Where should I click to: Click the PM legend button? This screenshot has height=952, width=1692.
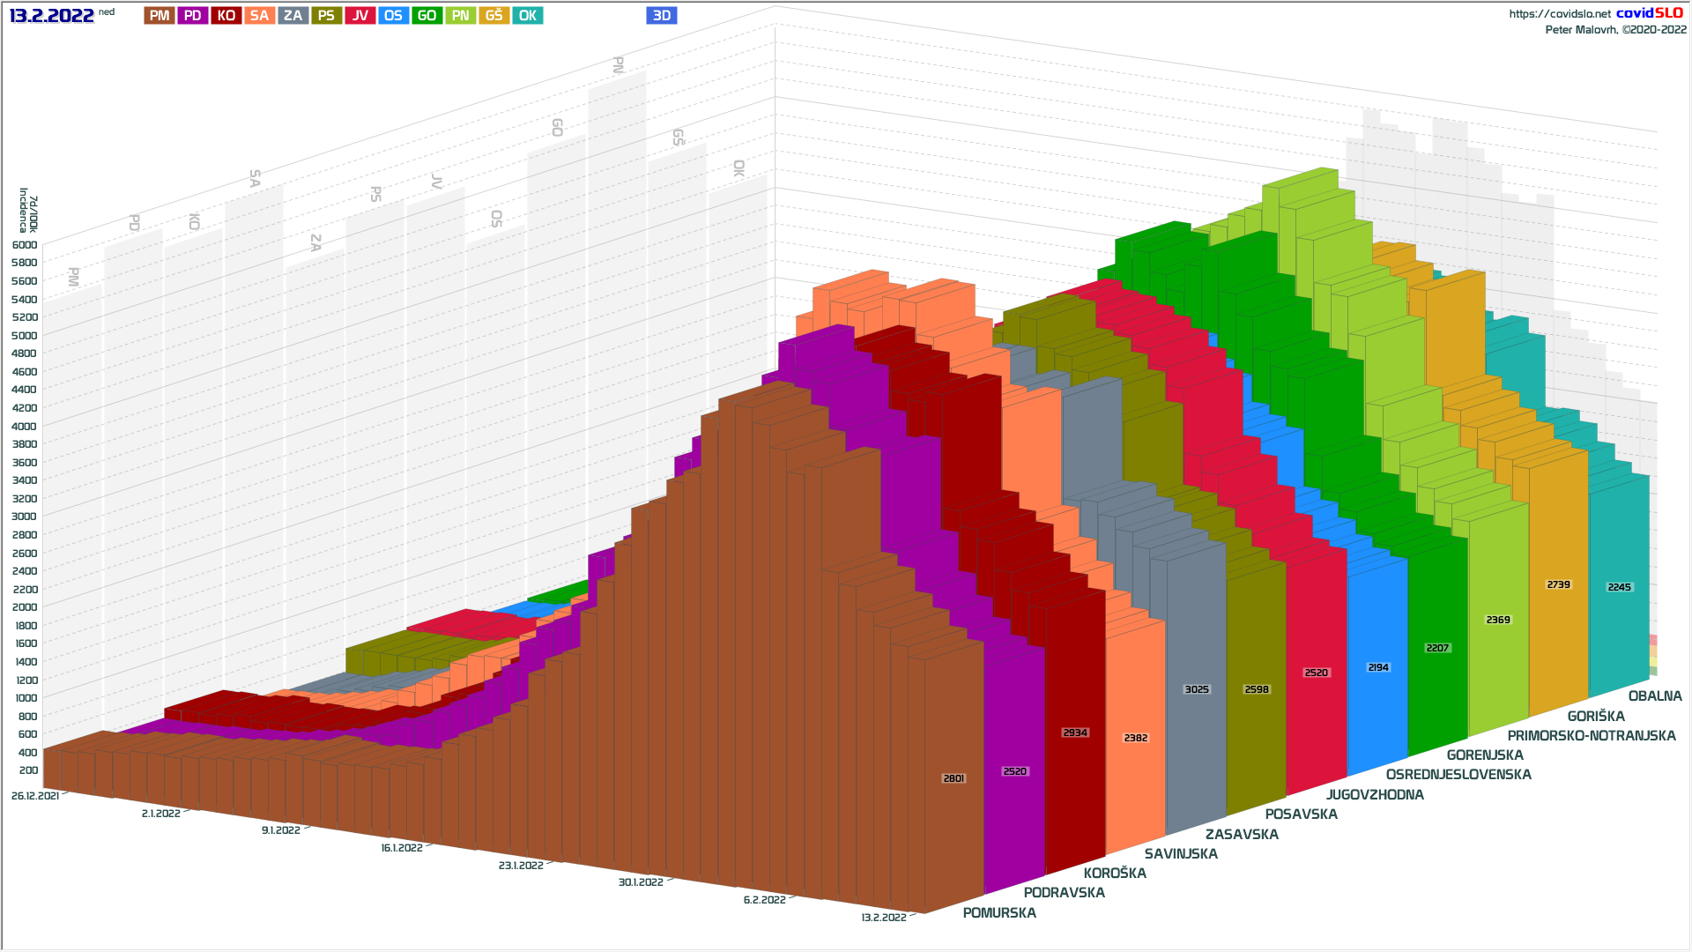(160, 16)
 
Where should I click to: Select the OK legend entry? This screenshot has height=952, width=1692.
(527, 16)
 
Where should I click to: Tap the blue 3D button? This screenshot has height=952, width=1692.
(662, 16)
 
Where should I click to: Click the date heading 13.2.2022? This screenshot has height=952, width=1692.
(52, 16)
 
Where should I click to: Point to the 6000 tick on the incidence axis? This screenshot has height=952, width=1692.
(25, 245)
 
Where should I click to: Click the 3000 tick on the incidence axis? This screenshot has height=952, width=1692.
(25, 517)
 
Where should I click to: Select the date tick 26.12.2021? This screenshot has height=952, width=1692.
(35, 796)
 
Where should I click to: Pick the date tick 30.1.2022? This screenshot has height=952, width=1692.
(641, 882)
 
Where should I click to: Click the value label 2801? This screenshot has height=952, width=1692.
(954, 778)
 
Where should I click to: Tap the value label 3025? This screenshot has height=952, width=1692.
(1197, 689)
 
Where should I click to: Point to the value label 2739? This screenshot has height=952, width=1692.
(1558, 584)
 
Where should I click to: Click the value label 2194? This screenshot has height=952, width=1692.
(1378, 667)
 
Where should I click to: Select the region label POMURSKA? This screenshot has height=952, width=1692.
(999, 913)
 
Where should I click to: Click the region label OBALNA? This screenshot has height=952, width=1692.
(1655, 696)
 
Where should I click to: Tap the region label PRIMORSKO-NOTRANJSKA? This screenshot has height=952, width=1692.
(1592, 736)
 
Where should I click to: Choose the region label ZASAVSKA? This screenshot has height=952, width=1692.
(1242, 835)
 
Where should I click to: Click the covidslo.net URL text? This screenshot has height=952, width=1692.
(1560, 14)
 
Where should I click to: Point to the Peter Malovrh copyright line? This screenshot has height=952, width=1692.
(1615, 30)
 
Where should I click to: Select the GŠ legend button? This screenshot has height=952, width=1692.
(493, 16)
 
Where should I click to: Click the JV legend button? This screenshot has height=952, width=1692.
(360, 16)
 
